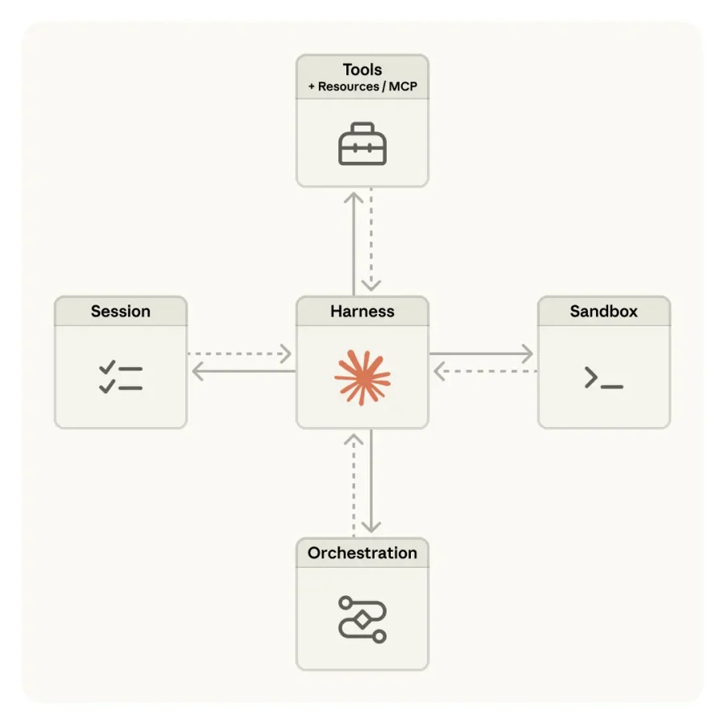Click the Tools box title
pyautogui.click(x=362, y=70)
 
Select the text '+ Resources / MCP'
pyautogui.click(x=362, y=86)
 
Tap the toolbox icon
pyautogui.click(x=362, y=144)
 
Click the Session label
pyautogui.click(x=121, y=311)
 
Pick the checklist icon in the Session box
pyautogui.click(x=121, y=377)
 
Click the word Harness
pyautogui.click(x=362, y=311)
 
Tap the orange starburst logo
pyautogui.click(x=362, y=377)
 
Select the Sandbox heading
pyautogui.click(x=604, y=311)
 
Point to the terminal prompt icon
pyautogui.click(x=604, y=377)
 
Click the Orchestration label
pyautogui.click(x=362, y=553)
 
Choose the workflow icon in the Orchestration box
pyautogui.click(x=362, y=619)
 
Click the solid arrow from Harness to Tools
pyautogui.click(x=354, y=243)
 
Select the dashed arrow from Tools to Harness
pyautogui.click(x=371, y=239)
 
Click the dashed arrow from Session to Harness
pyautogui.click(x=239, y=354)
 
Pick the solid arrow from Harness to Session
pyautogui.click(x=243, y=371)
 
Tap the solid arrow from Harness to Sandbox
pyautogui.click(x=482, y=354)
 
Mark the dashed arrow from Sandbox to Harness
pyautogui.click(x=486, y=371)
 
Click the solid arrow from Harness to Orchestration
pyautogui.click(x=371, y=482)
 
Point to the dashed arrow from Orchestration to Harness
pyautogui.click(x=354, y=486)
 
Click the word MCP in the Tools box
pyautogui.click(x=403, y=86)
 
